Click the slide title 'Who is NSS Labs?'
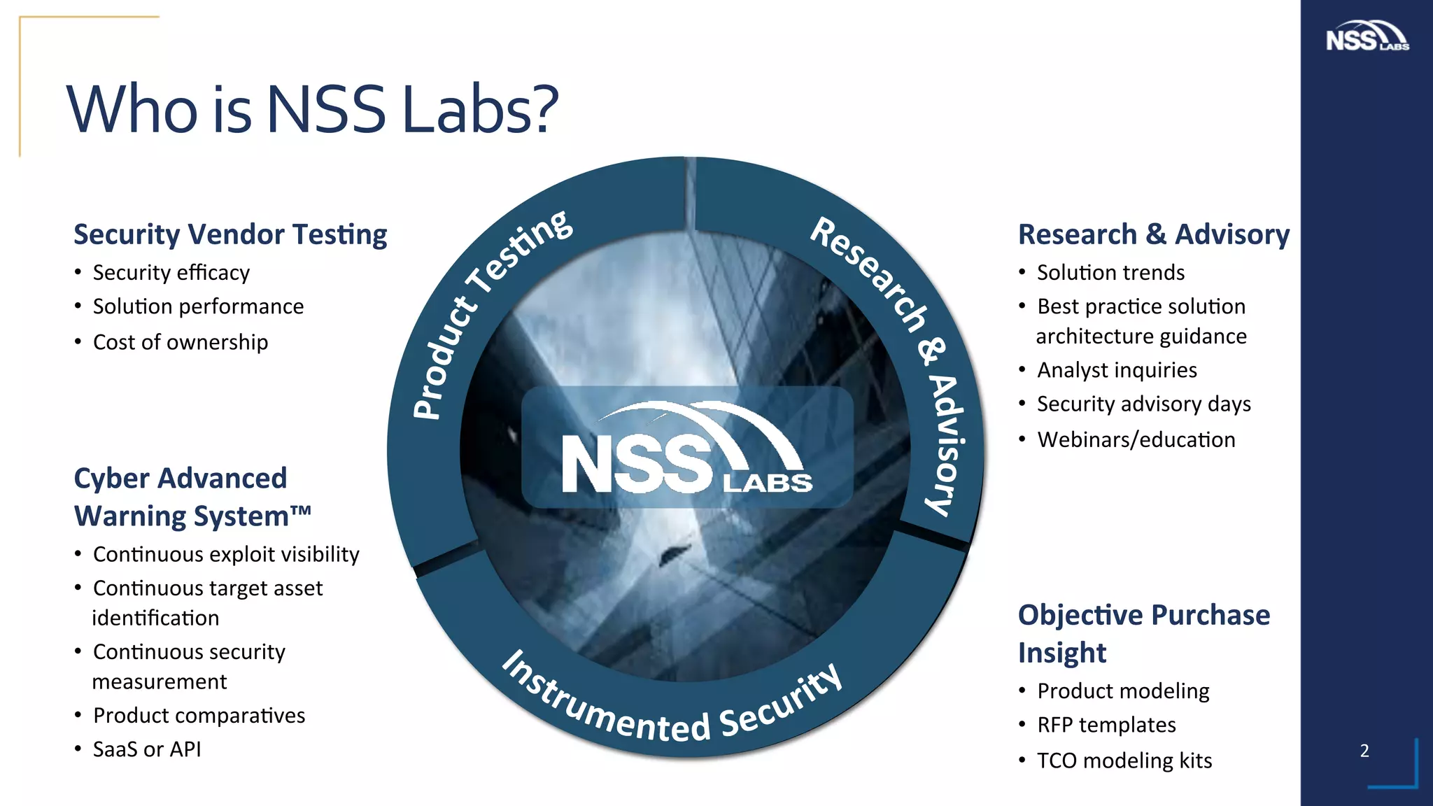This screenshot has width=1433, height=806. tap(312, 110)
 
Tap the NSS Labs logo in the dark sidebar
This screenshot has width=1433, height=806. tap(1367, 36)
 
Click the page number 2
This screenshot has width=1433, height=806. tap(1364, 751)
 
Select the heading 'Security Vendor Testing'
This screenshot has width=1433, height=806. tap(230, 234)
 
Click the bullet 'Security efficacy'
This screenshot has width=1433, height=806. tap(171, 272)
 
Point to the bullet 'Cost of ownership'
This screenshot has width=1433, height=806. tap(180, 342)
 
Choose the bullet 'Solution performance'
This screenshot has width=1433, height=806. tap(198, 306)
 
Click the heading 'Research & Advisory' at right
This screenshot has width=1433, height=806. tap(1153, 234)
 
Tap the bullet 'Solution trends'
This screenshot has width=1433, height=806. tap(1110, 272)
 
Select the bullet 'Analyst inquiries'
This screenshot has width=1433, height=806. tap(1117, 369)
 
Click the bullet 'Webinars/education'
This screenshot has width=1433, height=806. tap(1136, 439)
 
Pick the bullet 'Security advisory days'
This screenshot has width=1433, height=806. tap(1143, 404)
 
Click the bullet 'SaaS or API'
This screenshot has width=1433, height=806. tap(147, 749)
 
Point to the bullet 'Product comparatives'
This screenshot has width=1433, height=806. tap(199, 715)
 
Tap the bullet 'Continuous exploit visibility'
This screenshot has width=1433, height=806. tap(226, 554)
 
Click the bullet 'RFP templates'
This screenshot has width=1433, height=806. tap(1106, 725)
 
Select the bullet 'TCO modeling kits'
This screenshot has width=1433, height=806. tap(1124, 761)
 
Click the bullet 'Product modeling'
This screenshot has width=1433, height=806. tap(1123, 691)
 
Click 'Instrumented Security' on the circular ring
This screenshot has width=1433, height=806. tap(672, 710)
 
